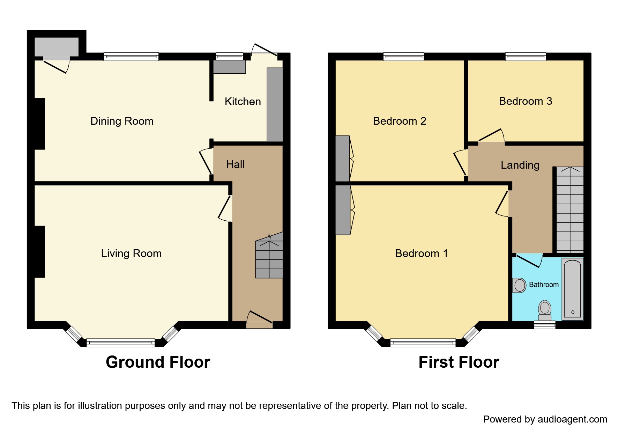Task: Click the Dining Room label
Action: (x=122, y=121)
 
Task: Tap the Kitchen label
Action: (x=243, y=102)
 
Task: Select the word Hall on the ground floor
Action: (x=235, y=164)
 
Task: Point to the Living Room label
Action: (x=131, y=254)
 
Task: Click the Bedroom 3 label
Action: (x=525, y=101)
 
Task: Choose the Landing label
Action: (x=520, y=165)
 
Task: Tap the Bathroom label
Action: (x=544, y=285)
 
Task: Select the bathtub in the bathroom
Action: (x=572, y=288)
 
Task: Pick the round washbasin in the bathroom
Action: (x=520, y=285)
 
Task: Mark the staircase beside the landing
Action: (x=569, y=210)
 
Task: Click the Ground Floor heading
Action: (x=158, y=362)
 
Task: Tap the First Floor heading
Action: (x=459, y=362)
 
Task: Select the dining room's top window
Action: (x=131, y=57)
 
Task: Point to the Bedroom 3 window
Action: (x=525, y=57)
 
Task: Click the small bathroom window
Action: (x=544, y=325)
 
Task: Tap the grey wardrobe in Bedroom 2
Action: (x=342, y=159)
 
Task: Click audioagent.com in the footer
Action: (x=572, y=419)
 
